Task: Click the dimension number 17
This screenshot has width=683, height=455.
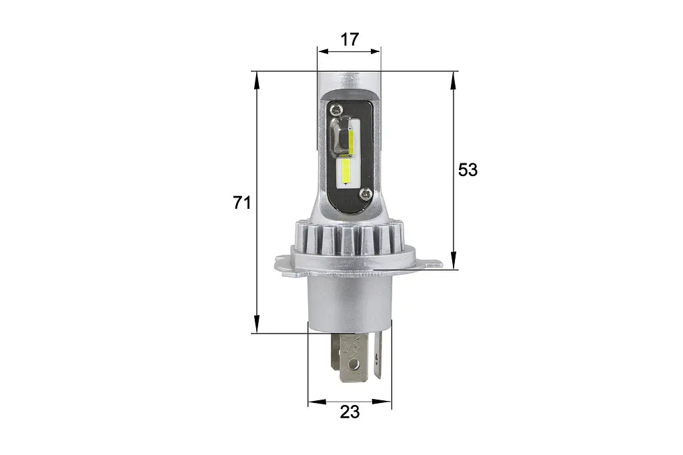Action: pos(350,39)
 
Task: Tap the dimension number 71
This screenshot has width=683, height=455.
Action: pos(241,203)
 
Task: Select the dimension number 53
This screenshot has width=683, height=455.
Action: pos(468,169)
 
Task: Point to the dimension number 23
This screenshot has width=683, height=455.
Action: pos(350,412)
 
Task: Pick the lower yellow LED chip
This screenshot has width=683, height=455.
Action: pos(347,171)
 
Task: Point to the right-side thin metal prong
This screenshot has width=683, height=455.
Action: pos(378,355)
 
